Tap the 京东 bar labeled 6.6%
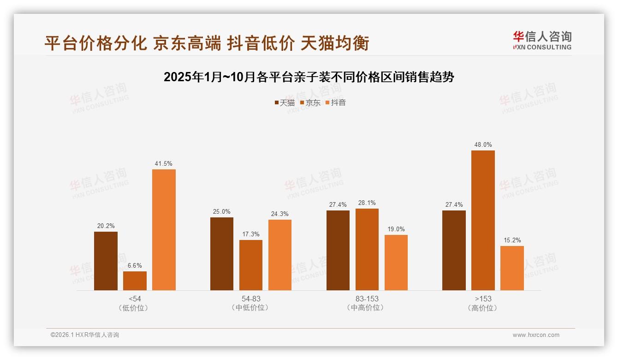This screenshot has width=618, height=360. click(135, 281)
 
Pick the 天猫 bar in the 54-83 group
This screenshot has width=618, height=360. click(222, 254)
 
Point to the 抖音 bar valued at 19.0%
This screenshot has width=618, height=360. click(396, 263)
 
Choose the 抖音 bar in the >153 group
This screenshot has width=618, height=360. click(512, 268)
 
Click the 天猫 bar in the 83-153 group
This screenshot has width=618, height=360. click(338, 251)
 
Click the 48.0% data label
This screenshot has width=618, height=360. click(483, 145)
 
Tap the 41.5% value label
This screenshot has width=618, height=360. click(164, 164)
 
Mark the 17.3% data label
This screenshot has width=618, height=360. click(251, 234)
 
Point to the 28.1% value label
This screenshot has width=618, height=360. click(367, 203)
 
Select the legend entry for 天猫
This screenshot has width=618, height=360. click(285, 103)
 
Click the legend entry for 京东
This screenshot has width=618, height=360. click(310, 103)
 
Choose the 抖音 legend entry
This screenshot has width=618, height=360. click(336, 103)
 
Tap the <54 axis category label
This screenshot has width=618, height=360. click(135, 299)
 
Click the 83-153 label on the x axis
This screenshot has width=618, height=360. click(367, 299)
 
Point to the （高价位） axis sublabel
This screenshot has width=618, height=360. click(483, 308)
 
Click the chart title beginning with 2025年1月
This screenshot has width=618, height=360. click(309, 77)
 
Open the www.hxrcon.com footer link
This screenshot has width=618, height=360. click(536, 335)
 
